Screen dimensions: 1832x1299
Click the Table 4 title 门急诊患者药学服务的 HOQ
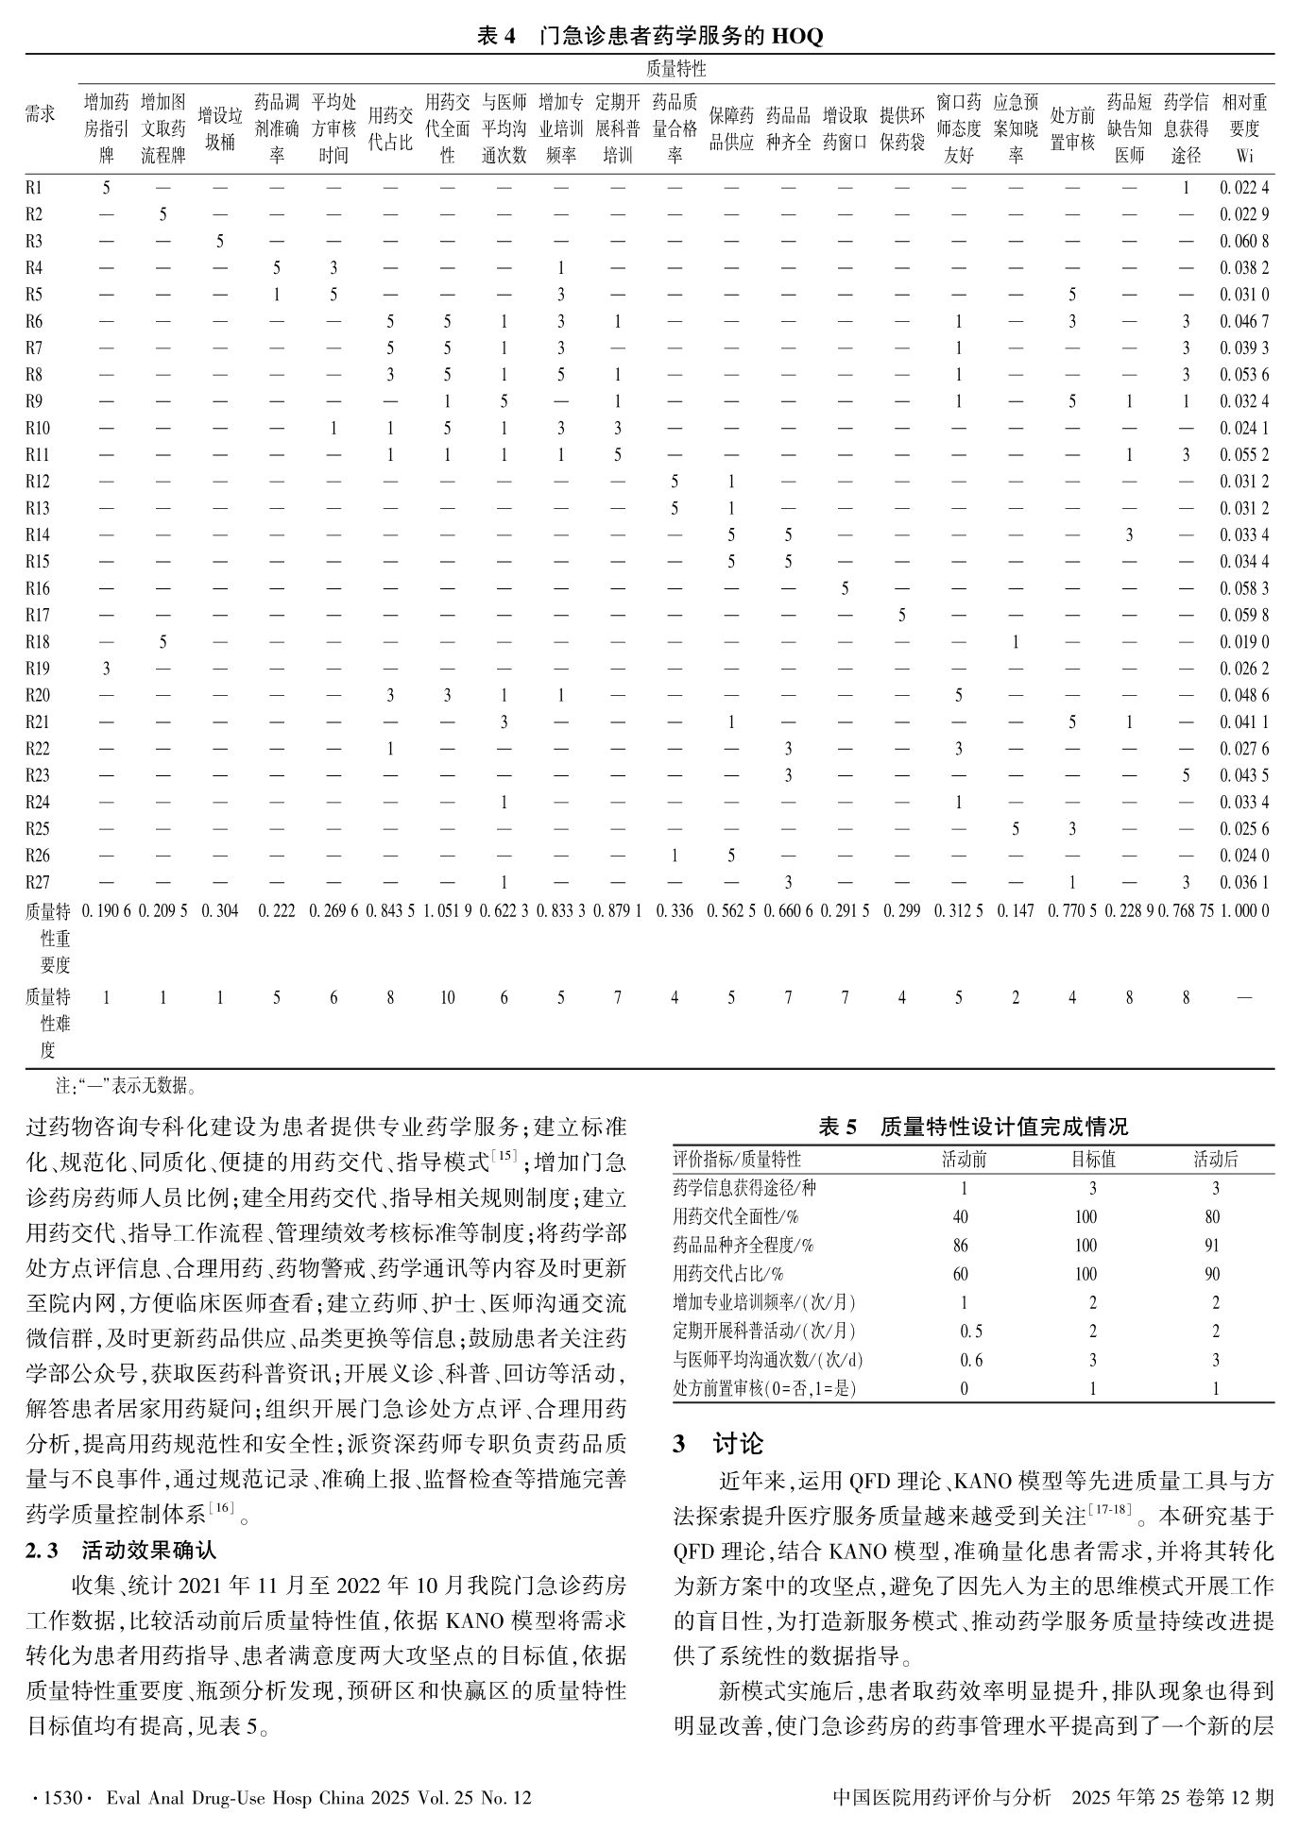tap(649, 36)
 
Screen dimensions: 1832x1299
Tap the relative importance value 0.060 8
tap(1244, 241)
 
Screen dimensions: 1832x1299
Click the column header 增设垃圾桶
tap(219, 128)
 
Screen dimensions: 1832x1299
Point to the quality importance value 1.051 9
tap(447, 911)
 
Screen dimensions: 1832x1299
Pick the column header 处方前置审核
tap(1071, 128)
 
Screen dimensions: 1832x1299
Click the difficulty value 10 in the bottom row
tap(447, 997)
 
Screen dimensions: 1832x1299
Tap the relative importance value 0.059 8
tap(1244, 615)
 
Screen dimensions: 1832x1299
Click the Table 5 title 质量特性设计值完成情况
tap(973, 1127)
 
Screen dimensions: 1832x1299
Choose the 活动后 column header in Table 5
tap(1215, 1160)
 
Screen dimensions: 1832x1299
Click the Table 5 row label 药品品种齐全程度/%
tap(743, 1246)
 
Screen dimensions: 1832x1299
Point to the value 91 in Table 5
tap(1213, 1246)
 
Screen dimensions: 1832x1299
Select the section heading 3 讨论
tap(718, 1444)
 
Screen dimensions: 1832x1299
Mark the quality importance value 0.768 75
tap(1186, 911)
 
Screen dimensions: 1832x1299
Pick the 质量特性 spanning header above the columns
tap(675, 69)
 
